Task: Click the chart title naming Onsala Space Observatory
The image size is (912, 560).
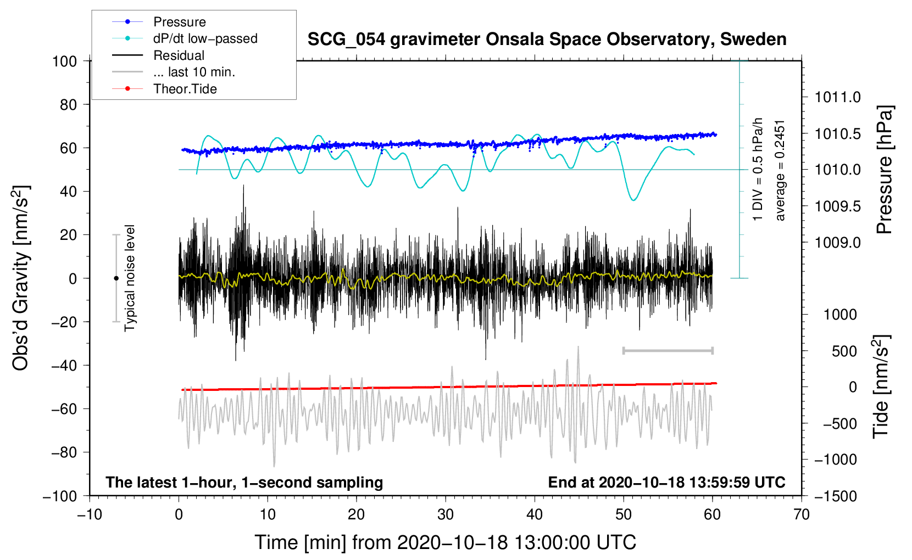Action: [x=547, y=40]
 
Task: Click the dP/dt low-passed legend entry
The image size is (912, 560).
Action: [x=205, y=38]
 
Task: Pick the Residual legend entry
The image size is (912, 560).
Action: [x=179, y=55]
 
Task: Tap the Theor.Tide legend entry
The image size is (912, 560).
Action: [x=185, y=89]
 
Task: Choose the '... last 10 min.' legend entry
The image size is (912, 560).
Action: [x=194, y=72]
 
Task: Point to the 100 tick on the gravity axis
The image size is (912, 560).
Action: [x=65, y=61]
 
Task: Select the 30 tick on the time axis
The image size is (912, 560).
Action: [x=446, y=514]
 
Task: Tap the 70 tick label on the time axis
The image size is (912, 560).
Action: [x=802, y=514]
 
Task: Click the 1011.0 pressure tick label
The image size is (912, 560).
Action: [x=837, y=98]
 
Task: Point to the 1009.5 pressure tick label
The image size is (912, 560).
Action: [x=837, y=206]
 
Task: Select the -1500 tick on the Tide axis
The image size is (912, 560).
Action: [x=835, y=496]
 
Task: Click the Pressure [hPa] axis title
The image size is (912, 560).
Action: [x=885, y=170]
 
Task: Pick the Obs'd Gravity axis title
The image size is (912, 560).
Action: [x=21, y=278]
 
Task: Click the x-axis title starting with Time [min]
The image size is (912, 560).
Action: [x=446, y=542]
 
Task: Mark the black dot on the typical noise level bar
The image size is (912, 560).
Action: [x=116, y=278]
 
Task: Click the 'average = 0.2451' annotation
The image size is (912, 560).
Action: [x=780, y=171]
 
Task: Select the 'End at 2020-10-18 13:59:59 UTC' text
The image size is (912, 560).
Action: [x=666, y=482]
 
